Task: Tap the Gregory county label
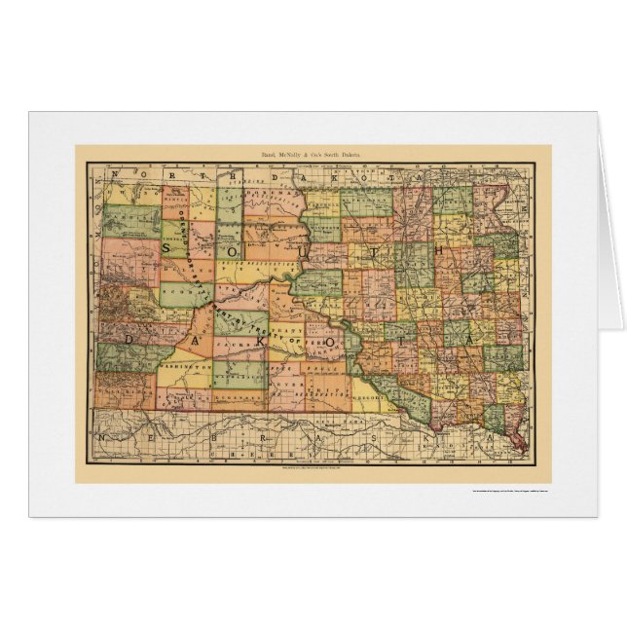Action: [x=369, y=397]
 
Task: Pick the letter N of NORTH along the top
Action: [x=115, y=174]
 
